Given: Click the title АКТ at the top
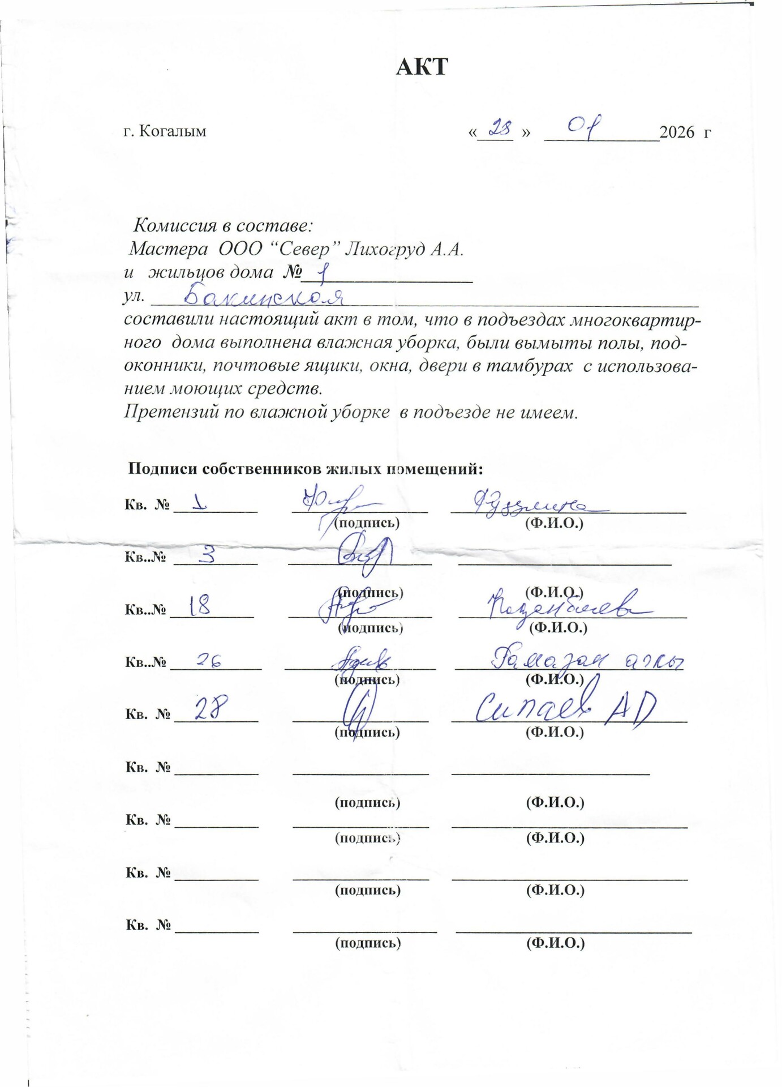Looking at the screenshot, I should (x=422, y=67).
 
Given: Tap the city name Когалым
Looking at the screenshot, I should (x=173, y=131).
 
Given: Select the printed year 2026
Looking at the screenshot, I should (x=677, y=132).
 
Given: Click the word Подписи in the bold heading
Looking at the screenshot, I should (x=162, y=469).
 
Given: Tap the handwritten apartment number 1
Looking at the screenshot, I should (x=199, y=503).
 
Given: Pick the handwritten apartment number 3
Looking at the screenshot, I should (x=208, y=554).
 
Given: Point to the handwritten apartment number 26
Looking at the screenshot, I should (x=209, y=660).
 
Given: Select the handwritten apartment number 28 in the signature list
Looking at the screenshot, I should (x=211, y=708).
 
